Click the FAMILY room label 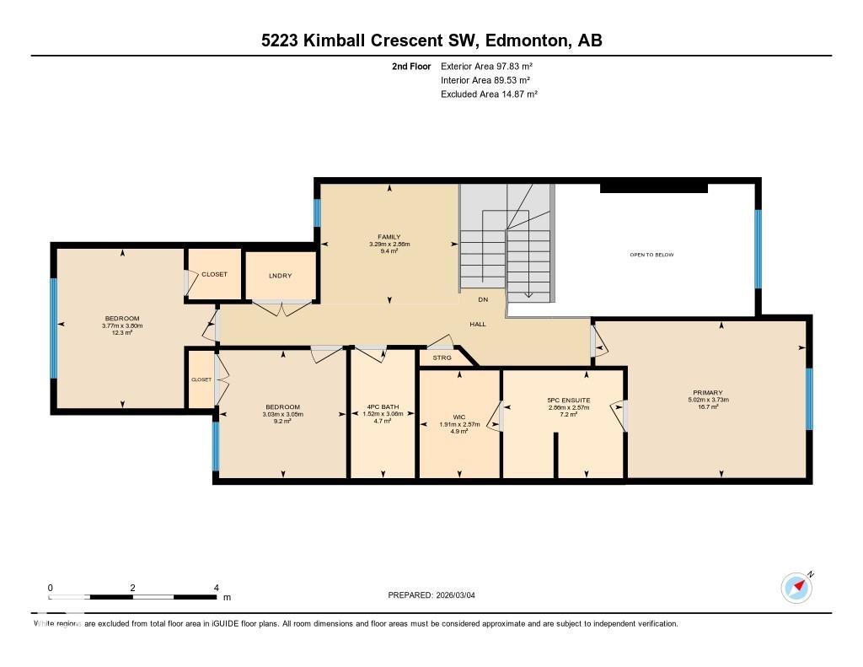[389, 237]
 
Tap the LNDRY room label [280, 276]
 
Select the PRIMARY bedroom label [706, 392]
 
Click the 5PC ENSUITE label [569, 400]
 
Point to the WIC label [459, 417]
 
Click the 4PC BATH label [383, 406]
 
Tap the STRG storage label [442, 358]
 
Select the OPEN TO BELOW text [651, 255]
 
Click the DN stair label [483, 299]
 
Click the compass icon [796, 587]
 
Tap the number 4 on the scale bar [217, 588]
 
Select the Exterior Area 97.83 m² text [486, 66]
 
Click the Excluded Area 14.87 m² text [489, 94]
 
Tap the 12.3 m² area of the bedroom [121, 332]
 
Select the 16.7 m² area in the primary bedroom [706, 407]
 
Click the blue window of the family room [318, 212]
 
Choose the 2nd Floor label [411, 66]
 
